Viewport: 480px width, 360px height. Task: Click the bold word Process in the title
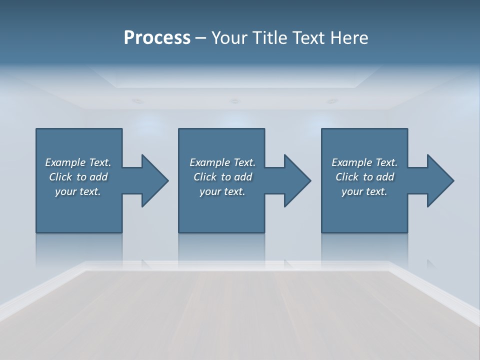157,38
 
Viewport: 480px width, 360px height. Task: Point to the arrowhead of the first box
153,180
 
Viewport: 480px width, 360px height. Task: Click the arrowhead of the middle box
296,180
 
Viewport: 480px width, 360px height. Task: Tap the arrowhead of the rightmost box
439,180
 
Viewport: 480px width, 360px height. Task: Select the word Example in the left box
65,162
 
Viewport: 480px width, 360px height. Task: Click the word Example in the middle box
210,162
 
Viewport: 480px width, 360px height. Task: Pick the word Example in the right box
352,162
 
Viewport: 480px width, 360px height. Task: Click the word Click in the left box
60,177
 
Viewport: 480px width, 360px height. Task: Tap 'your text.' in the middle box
222,191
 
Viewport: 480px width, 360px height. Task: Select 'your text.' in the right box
364,191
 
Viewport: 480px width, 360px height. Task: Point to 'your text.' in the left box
78,191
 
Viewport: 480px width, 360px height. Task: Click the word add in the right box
385,177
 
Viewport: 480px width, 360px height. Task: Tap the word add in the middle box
243,177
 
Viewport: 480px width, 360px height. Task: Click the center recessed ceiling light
234,101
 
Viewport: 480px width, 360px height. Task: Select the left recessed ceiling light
137,101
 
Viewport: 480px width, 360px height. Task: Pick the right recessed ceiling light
331,101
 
